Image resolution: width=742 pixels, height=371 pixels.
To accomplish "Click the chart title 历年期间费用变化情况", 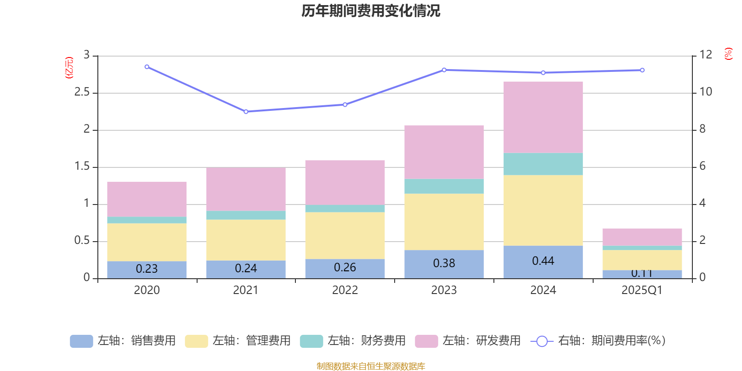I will (x=371, y=11).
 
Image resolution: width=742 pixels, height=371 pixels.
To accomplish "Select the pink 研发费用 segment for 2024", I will (x=543, y=117).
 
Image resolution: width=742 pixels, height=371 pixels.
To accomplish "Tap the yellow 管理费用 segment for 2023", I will (x=444, y=222).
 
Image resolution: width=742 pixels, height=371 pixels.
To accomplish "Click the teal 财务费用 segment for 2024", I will (x=543, y=164).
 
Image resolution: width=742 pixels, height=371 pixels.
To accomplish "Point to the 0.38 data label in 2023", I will (x=444, y=263).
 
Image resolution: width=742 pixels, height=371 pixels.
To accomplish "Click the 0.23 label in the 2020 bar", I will (x=147, y=269).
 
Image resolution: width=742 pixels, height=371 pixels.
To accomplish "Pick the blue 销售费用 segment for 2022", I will (x=345, y=269).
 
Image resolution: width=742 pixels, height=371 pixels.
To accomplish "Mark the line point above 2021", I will (x=246, y=112).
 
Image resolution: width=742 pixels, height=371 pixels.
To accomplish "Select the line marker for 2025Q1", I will (x=642, y=70).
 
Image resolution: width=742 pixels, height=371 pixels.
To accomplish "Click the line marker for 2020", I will (x=147, y=67).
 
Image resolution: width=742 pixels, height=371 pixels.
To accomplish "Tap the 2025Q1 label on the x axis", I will (x=642, y=290).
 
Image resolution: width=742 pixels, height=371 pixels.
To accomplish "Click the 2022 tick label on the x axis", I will (x=345, y=290).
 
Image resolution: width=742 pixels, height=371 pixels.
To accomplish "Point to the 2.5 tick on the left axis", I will (x=82, y=92).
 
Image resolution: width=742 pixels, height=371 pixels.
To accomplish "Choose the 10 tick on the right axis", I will (x=706, y=92).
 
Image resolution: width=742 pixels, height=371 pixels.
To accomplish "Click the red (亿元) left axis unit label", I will (x=69, y=68).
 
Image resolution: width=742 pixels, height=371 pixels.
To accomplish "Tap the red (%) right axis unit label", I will (x=728, y=54).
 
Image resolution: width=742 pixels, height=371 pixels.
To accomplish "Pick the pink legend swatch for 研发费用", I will (x=426, y=341).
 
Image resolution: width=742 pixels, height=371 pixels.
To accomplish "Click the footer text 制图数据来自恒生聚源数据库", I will (x=371, y=366).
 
